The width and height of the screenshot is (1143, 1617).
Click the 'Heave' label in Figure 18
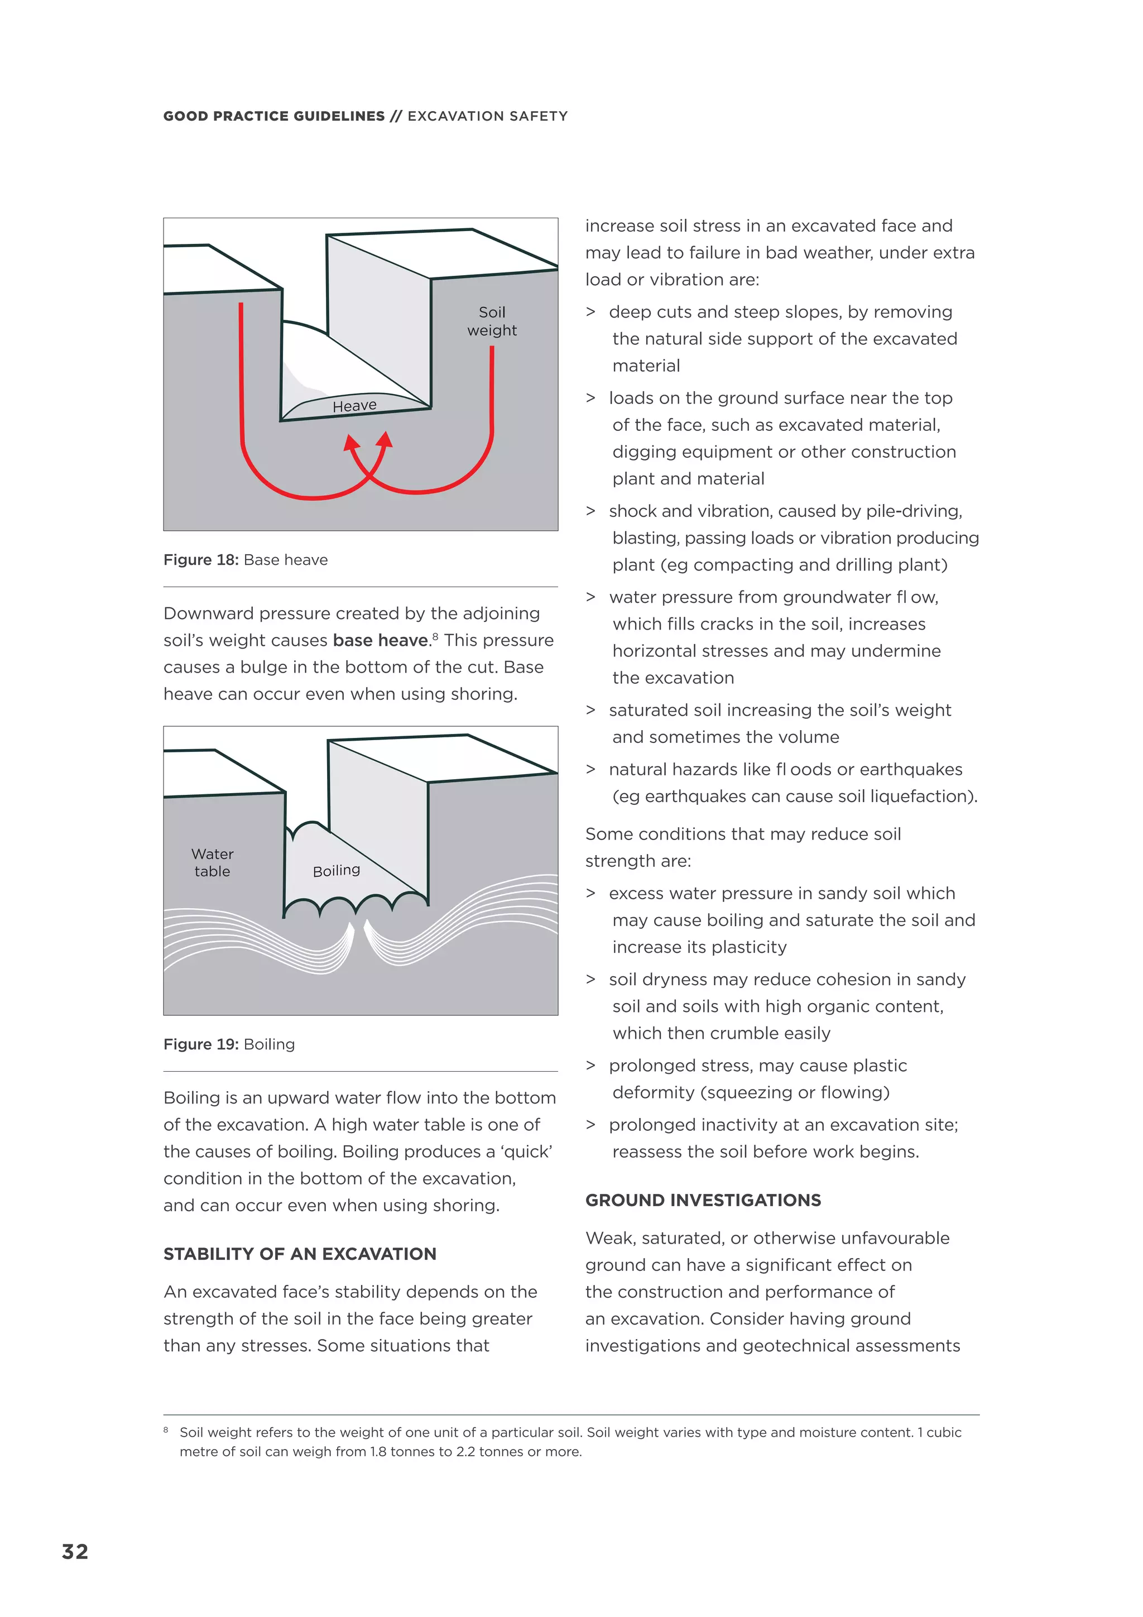(x=354, y=406)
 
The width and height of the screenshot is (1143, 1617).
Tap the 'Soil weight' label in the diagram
(x=492, y=321)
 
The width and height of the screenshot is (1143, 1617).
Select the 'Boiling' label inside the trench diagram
(x=336, y=871)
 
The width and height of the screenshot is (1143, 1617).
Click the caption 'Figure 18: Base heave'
(x=245, y=560)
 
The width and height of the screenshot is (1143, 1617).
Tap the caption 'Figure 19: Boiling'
(x=229, y=1044)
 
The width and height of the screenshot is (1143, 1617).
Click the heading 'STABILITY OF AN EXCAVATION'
(x=299, y=1254)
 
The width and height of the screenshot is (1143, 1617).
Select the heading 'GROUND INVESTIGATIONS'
(x=703, y=1200)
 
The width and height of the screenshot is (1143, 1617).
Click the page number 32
(x=75, y=1552)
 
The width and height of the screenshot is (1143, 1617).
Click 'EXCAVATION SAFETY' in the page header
(x=487, y=116)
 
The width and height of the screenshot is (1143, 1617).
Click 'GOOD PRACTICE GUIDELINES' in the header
(x=274, y=116)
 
